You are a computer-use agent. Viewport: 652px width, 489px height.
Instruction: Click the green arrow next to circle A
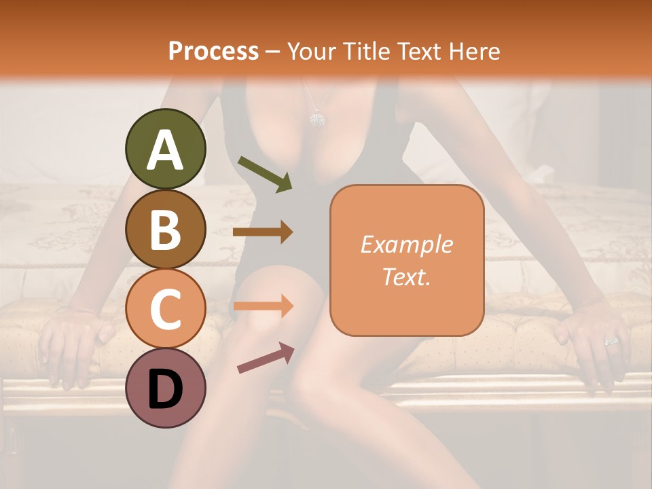pyautogui.click(x=265, y=174)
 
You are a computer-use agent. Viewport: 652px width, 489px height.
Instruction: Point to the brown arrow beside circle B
pyautogui.click(x=263, y=232)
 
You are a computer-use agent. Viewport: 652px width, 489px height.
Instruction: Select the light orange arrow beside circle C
pyautogui.click(x=263, y=306)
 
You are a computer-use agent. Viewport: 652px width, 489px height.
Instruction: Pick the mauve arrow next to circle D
pyautogui.click(x=266, y=358)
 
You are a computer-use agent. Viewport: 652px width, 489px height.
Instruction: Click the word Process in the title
pyautogui.click(x=213, y=51)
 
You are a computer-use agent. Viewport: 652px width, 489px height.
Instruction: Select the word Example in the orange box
pyautogui.click(x=407, y=244)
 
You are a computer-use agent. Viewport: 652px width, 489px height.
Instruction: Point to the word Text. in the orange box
pyautogui.click(x=407, y=276)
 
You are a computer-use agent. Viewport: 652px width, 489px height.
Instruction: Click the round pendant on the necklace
pyautogui.click(x=316, y=120)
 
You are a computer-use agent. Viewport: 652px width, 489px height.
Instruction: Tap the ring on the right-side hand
pyautogui.click(x=611, y=342)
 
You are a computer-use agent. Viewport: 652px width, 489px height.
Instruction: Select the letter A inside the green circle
pyautogui.click(x=166, y=150)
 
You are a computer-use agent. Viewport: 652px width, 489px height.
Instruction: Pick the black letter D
pyautogui.click(x=166, y=389)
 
